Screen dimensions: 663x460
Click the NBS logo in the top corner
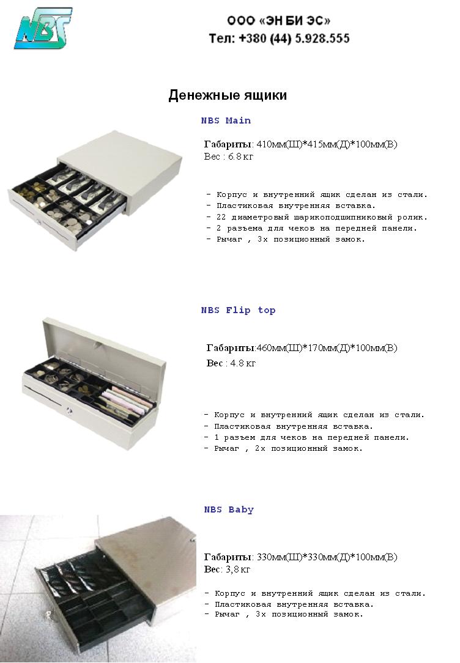pyautogui.click(x=43, y=28)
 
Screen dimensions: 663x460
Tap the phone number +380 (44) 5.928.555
pyautogui.click(x=280, y=38)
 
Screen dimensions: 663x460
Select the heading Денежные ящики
pyautogui.click(x=228, y=95)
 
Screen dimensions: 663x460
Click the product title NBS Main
pyautogui.click(x=226, y=120)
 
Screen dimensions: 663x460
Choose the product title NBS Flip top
pyautogui.click(x=238, y=310)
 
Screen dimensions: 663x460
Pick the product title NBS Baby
pyautogui.click(x=229, y=509)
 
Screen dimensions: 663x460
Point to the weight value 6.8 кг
pyautogui.click(x=240, y=157)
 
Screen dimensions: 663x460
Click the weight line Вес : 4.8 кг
pyautogui.click(x=231, y=363)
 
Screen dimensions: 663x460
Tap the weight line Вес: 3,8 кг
pyautogui.click(x=227, y=569)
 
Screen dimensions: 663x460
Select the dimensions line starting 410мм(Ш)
pyautogui.click(x=300, y=144)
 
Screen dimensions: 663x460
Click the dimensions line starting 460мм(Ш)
pyautogui.click(x=302, y=348)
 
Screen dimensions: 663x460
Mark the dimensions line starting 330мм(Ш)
pyautogui.click(x=300, y=557)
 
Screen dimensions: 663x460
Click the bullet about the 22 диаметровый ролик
pyautogui.click(x=317, y=217)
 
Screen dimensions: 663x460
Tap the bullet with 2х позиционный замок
pyautogui.click(x=283, y=448)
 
